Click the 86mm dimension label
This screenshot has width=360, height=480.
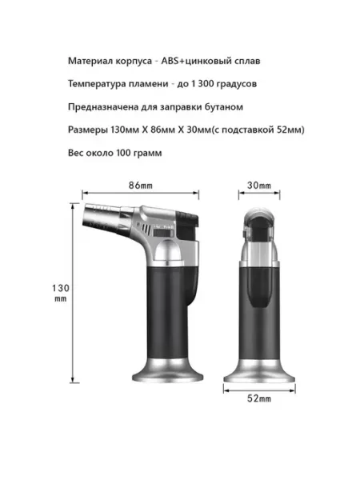[x=141, y=186]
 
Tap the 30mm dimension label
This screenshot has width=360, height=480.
[x=259, y=186]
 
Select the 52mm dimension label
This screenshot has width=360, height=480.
[x=259, y=398]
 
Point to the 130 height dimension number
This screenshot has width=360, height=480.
[x=61, y=288]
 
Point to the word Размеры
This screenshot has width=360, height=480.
[x=88, y=130]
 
